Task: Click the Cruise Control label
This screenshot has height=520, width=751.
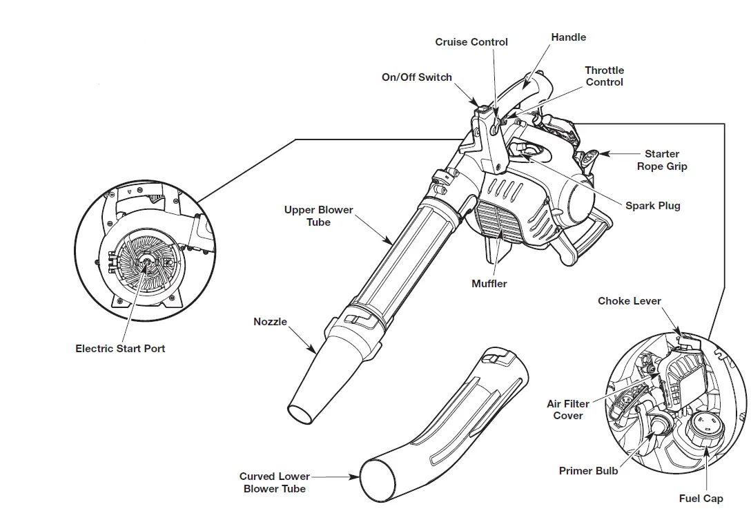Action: coord(471,42)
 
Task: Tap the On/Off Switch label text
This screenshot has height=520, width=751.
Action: coord(416,77)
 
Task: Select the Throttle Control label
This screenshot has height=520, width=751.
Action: coord(604,76)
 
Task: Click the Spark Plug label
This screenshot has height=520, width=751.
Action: coord(652,206)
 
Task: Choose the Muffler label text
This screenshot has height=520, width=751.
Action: coord(489,284)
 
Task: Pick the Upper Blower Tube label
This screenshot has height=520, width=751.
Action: coord(318,216)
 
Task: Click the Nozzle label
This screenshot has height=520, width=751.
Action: coord(270,322)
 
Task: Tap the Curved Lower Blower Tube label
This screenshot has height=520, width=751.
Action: coord(275,482)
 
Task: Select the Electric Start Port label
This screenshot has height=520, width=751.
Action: coord(120,349)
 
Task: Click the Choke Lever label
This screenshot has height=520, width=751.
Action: coord(629,301)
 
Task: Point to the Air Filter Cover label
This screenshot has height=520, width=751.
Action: coord(568,410)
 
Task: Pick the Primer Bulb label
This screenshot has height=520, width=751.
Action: coord(588,471)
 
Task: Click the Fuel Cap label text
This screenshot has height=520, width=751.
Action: coord(701,499)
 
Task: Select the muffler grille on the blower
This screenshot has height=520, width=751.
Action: coord(496,222)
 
